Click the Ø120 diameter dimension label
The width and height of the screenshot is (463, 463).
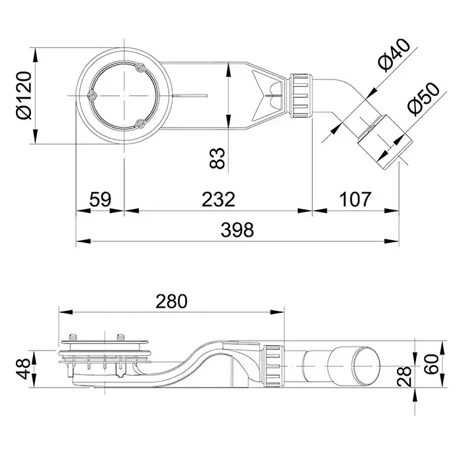click(x=22, y=96)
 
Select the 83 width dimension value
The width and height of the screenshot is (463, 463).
click(x=218, y=158)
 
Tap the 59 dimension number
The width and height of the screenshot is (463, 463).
click(x=100, y=198)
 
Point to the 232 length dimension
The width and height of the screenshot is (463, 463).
click(x=218, y=198)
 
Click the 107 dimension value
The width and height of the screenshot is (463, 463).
click(x=355, y=198)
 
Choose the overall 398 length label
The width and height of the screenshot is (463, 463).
click(x=236, y=230)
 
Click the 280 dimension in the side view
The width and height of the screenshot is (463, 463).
click(x=171, y=301)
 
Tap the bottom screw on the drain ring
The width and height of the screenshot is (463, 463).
click(x=140, y=124)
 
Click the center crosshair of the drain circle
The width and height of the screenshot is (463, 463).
click(x=123, y=96)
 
